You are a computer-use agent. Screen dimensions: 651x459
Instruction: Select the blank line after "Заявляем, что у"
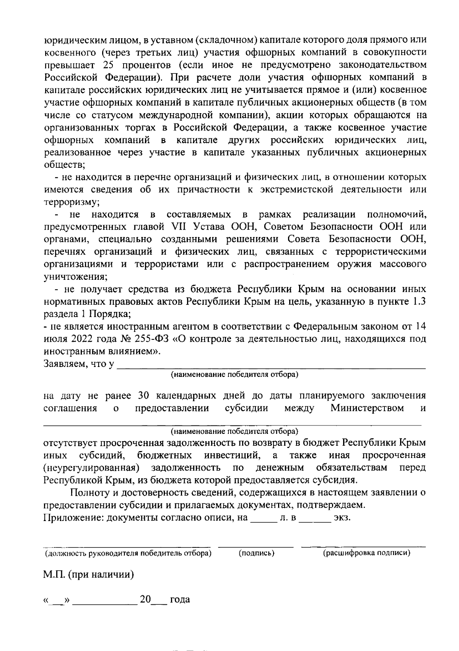[x=271, y=365]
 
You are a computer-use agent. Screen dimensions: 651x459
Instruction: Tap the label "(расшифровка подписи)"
[x=367, y=553]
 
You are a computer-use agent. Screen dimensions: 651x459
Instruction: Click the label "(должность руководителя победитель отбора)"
[x=128, y=553]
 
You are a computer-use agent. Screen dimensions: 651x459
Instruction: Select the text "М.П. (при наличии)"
[x=88, y=575]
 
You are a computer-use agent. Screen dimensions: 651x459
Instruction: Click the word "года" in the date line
[x=180, y=599]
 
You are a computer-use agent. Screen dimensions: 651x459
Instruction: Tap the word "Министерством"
[x=367, y=408]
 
